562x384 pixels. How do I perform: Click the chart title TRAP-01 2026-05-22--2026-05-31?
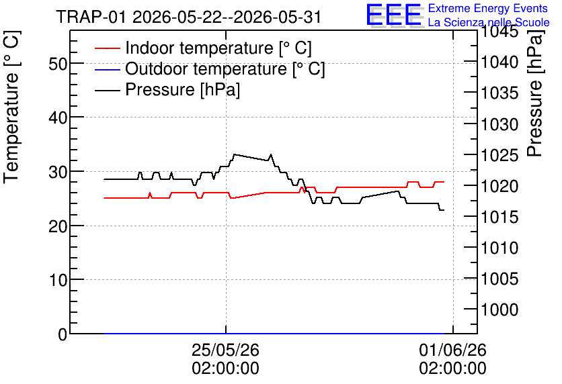point(189,17)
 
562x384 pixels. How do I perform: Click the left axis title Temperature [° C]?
point(11,107)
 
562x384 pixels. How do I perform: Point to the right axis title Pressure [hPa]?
point(534,93)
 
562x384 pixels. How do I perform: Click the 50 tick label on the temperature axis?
point(58,64)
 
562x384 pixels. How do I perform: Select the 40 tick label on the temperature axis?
point(58,117)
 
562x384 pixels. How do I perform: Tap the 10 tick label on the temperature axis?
point(58,280)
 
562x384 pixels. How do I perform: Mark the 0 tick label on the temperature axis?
point(63,334)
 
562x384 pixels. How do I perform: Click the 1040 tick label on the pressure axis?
point(499,62)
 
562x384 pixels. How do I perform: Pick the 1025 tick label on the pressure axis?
point(499,155)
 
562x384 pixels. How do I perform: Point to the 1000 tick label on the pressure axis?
point(499,309)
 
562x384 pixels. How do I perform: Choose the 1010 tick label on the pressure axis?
point(499,248)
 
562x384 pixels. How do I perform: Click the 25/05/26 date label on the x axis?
point(225,350)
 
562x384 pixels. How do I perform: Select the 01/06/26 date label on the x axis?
point(452,350)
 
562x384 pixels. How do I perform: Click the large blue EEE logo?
point(393,15)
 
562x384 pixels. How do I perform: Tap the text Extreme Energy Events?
point(488,8)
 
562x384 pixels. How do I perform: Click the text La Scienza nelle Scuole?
point(489,22)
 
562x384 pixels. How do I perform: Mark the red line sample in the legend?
point(107,48)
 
